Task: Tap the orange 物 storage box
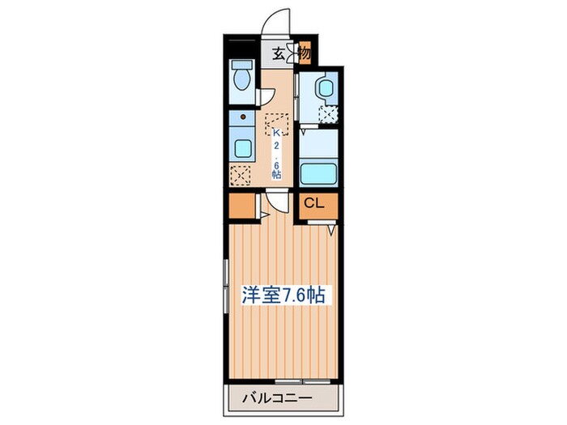[x=304, y=55]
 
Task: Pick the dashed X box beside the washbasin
[x=328, y=114]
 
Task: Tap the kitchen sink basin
[x=241, y=148]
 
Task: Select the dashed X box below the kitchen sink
[x=240, y=173]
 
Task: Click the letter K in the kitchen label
[x=276, y=133]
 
